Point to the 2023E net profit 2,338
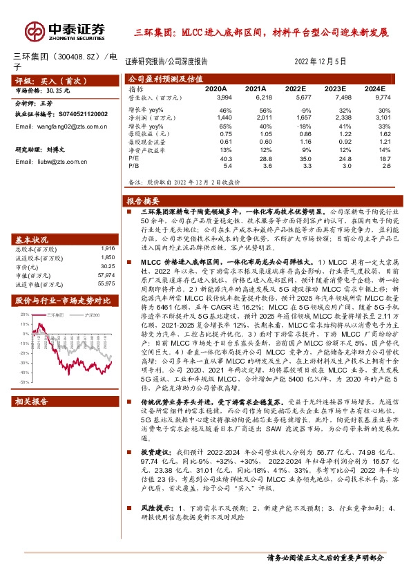pyautogui.click(x=333, y=119)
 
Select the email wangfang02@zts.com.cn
pyautogui.click(x=61, y=127)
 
